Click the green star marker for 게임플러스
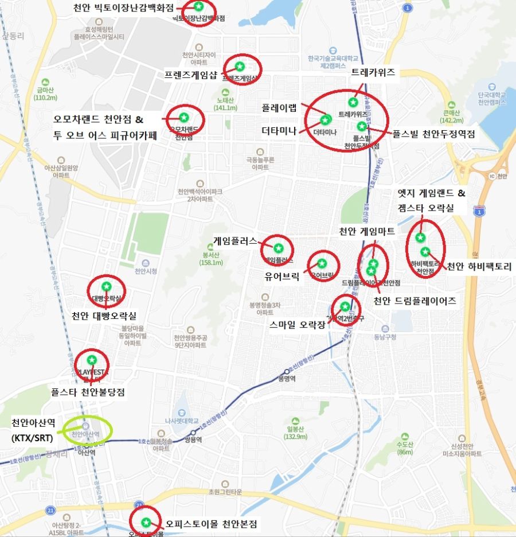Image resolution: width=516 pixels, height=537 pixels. click(x=278, y=248)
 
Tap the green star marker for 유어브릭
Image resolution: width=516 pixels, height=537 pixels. click(x=322, y=263)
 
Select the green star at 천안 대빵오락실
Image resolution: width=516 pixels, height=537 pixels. click(x=106, y=286)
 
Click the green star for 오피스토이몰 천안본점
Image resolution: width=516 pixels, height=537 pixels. click(x=146, y=522)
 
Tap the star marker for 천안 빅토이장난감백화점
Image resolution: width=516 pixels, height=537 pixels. click(x=198, y=7)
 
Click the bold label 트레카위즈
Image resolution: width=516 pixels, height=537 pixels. click(x=373, y=72)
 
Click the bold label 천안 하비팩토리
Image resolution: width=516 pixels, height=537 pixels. click(x=479, y=266)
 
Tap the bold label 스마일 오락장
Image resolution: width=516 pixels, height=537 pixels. click(x=298, y=324)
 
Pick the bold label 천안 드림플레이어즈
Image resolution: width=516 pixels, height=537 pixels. click(x=415, y=301)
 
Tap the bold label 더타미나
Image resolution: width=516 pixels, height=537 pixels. click(x=279, y=131)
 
